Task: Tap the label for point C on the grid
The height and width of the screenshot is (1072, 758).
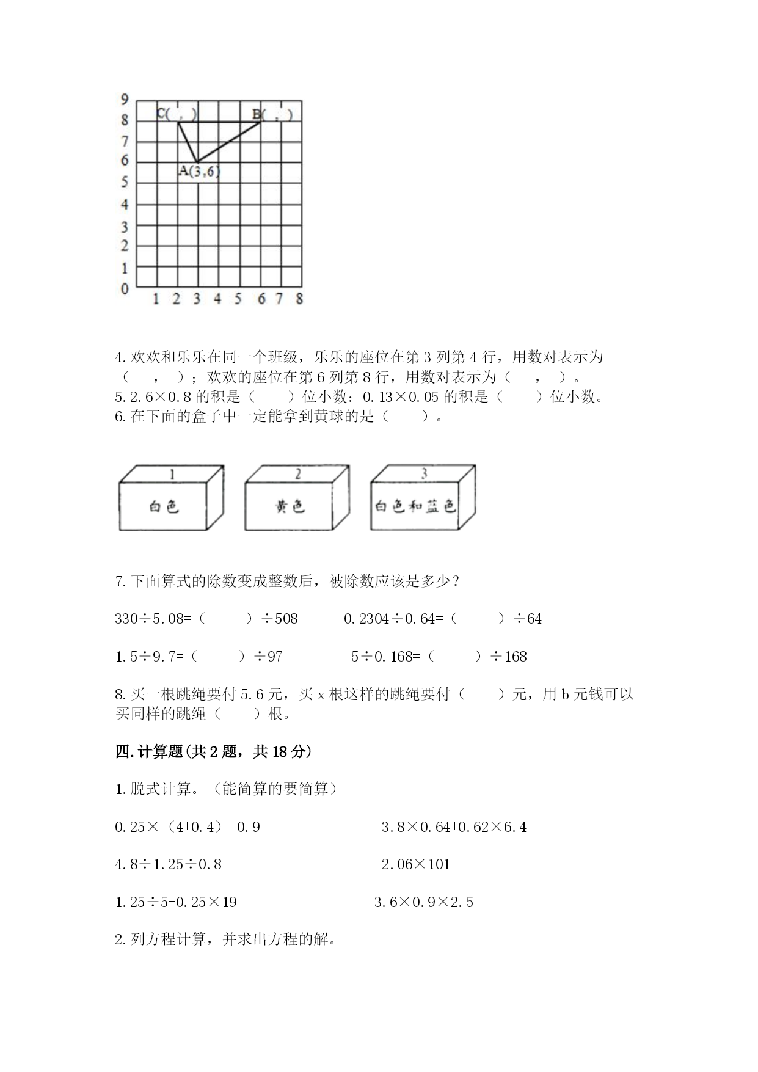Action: click(x=177, y=113)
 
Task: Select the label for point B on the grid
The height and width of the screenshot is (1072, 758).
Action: click(x=272, y=114)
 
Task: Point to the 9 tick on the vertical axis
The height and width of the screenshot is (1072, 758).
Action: click(x=125, y=99)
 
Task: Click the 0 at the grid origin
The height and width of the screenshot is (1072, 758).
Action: click(x=125, y=289)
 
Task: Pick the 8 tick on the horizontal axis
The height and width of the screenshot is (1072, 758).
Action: click(x=299, y=299)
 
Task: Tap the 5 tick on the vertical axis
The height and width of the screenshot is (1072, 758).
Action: click(x=125, y=182)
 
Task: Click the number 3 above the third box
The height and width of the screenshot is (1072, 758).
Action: click(x=424, y=473)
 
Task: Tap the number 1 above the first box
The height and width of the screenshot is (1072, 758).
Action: click(x=172, y=474)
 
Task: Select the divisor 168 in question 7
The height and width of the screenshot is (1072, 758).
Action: click(x=516, y=657)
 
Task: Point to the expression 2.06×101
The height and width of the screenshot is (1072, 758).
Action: click(x=415, y=864)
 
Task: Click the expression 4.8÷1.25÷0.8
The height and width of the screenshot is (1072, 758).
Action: click(x=168, y=864)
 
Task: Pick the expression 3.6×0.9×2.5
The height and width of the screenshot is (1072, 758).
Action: click(x=424, y=902)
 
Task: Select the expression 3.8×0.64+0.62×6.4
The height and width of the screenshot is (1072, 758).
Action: click(x=454, y=827)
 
